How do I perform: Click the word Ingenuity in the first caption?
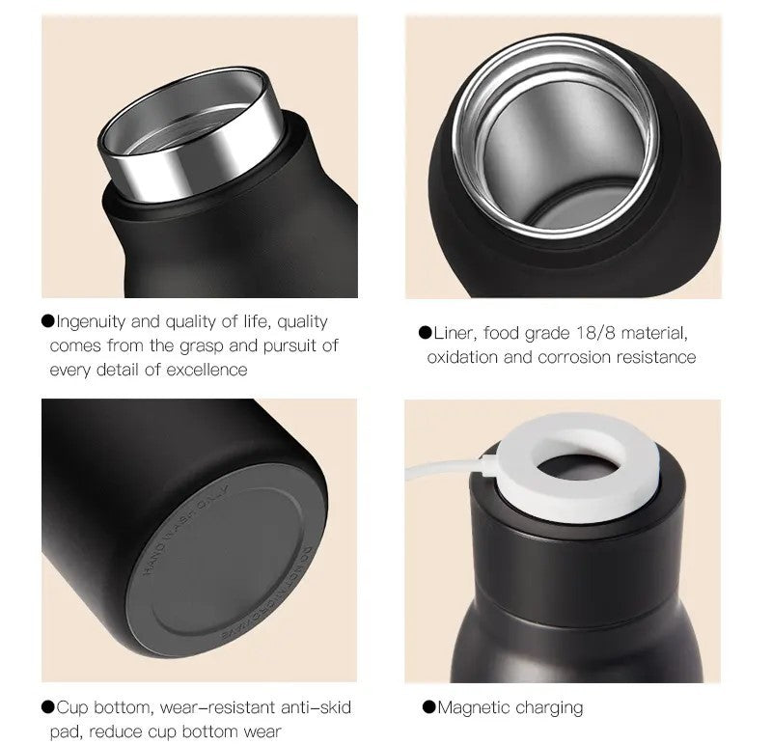click(92, 321)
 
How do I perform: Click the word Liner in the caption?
click(455, 334)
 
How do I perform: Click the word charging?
click(549, 708)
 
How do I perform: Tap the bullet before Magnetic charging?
click(428, 707)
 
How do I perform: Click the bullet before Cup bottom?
click(47, 707)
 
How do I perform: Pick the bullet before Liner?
click(425, 333)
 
